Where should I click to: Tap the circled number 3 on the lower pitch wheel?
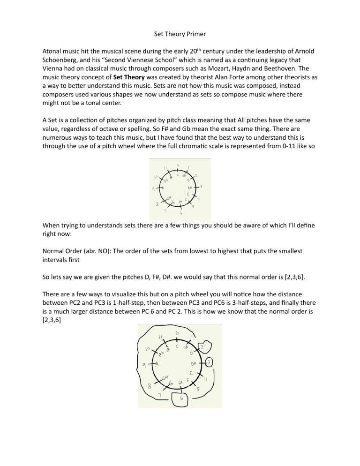coord(210,362)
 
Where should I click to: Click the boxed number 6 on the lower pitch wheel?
coord(181,399)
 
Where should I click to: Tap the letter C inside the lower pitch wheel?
coord(177,346)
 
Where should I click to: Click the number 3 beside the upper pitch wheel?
coord(201,187)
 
